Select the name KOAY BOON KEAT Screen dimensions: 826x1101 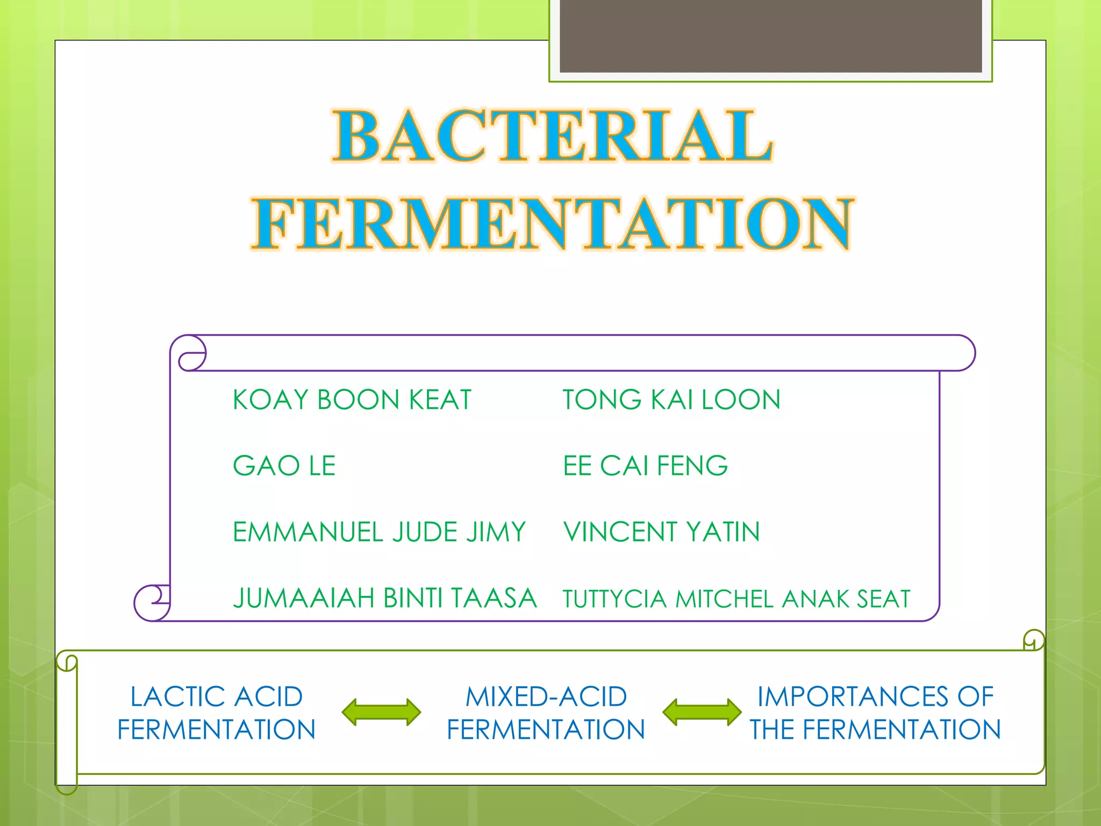(352, 400)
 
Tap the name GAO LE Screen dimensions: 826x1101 (284, 466)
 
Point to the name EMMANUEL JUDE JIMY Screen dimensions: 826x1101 (379, 532)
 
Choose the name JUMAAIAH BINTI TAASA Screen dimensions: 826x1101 (385, 598)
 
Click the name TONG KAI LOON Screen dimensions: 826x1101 (671, 400)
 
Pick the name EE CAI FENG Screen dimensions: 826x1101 (645, 466)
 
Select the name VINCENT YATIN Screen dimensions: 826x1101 (662, 532)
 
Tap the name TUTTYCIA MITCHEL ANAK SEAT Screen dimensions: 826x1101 (737, 599)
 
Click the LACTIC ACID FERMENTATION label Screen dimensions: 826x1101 (217, 713)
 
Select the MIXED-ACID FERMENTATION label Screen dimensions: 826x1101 (546, 713)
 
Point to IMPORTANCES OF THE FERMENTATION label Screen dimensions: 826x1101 (875, 713)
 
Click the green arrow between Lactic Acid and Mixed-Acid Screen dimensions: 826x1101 (382, 713)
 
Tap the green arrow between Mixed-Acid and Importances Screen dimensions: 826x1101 (702, 713)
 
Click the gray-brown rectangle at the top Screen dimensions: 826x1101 (770, 35)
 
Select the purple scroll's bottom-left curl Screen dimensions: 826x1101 (152, 602)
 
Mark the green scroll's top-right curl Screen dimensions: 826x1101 (1033, 640)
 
